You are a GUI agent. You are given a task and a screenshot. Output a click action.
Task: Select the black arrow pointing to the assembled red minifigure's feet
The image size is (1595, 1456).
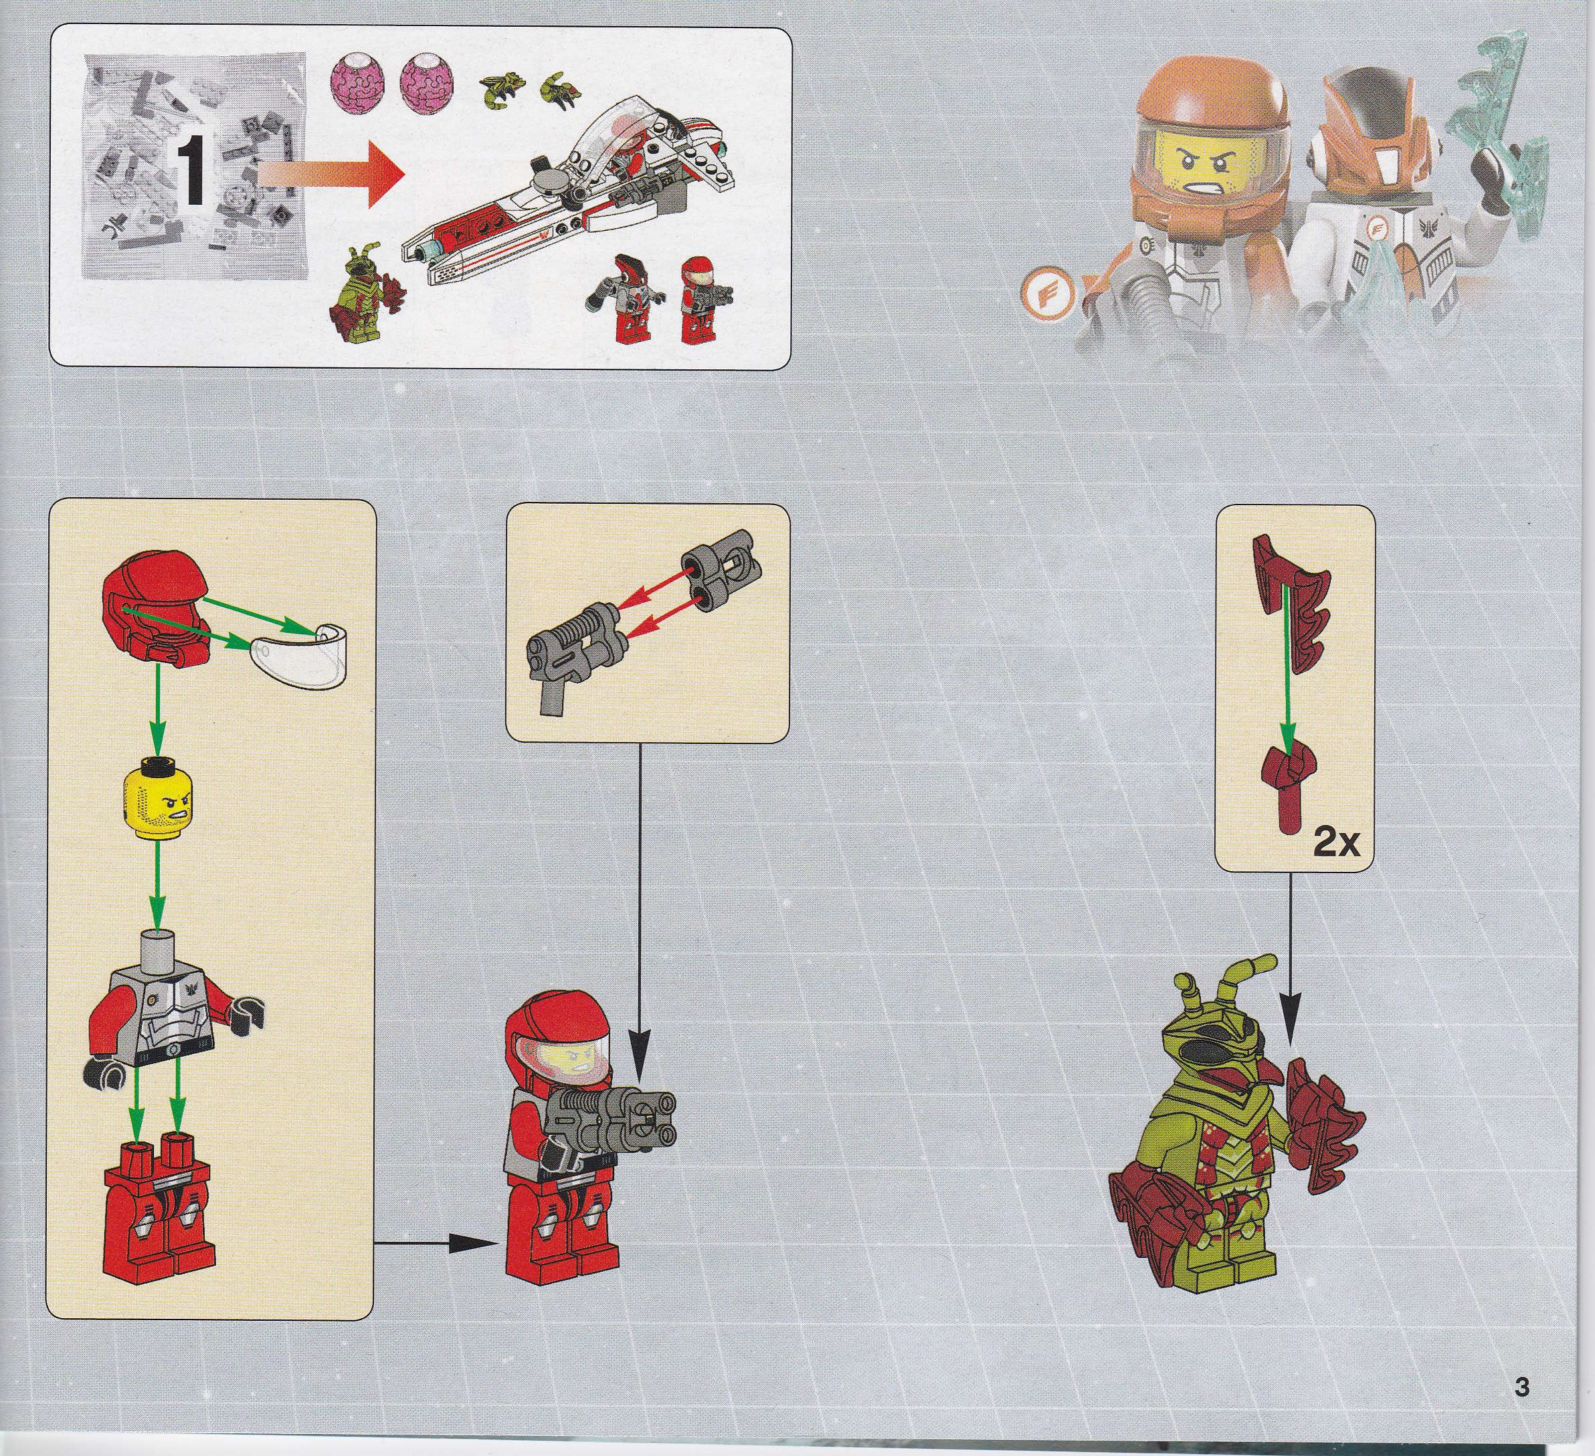pos(436,1245)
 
